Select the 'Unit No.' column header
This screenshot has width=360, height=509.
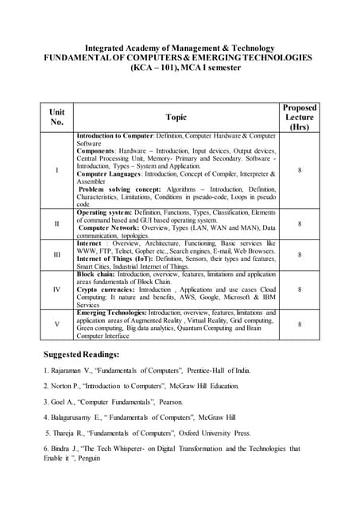coord(56,117)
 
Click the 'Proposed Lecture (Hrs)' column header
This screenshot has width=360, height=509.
coord(299,117)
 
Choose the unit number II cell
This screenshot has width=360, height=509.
coord(56,224)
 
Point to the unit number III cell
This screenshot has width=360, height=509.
coord(56,254)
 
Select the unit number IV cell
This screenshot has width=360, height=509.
coord(56,289)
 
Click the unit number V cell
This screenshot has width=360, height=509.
coord(56,324)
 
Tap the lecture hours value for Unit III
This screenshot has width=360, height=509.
coord(299,254)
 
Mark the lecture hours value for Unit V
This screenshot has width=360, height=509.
coord(299,324)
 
